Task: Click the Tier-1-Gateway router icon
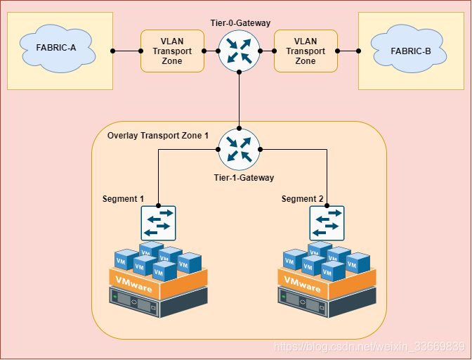[x=239, y=149]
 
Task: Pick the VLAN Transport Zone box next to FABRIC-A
[x=172, y=51]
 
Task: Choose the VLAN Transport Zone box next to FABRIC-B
[x=305, y=51]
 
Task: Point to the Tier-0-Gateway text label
[x=240, y=23]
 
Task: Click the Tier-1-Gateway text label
[x=244, y=178]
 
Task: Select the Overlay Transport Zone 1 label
[x=158, y=135]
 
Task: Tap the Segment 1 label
[x=123, y=199]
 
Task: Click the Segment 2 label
[x=303, y=199]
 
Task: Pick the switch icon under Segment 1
[x=158, y=223]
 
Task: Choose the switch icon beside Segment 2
[x=327, y=223]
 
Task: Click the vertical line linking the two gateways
[x=239, y=98]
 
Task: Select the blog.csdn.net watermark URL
[x=369, y=347]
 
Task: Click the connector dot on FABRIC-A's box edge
[x=113, y=51]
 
